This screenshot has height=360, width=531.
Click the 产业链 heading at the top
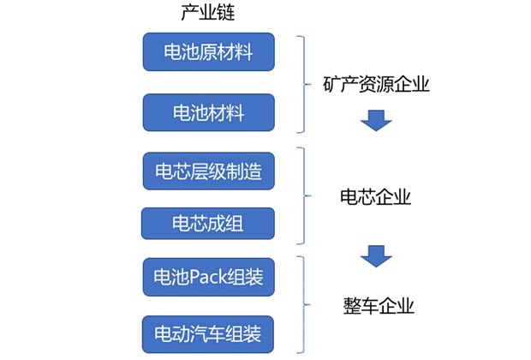pyautogui.click(x=209, y=15)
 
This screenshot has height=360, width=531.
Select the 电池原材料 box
pyautogui.click(x=208, y=52)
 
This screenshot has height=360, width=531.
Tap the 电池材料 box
pyautogui.click(x=208, y=112)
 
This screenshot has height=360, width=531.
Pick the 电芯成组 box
pyautogui.click(x=208, y=225)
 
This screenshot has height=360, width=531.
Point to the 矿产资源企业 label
pyautogui.click(x=376, y=85)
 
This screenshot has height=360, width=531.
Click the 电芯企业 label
pyautogui.click(x=376, y=197)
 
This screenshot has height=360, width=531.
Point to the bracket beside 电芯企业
pyautogui.click(x=301, y=197)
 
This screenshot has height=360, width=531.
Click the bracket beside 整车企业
pyautogui.click(x=301, y=304)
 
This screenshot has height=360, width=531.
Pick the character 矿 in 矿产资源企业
pyautogui.click(x=331, y=85)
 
